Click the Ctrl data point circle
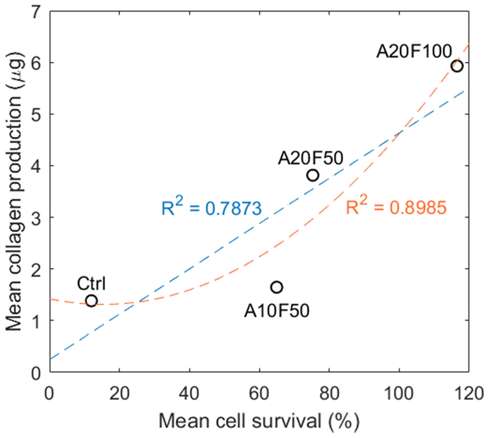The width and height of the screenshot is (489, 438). click(91, 301)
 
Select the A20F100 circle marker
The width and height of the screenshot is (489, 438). click(457, 66)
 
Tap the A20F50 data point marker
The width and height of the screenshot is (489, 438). click(313, 175)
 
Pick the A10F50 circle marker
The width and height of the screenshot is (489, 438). click(276, 287)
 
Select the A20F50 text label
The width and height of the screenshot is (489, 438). click(310, 157)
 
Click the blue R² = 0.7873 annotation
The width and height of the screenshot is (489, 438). click(211, 207)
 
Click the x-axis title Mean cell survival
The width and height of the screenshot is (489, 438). click(259, 423)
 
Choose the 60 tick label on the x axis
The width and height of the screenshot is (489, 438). click(259, 394)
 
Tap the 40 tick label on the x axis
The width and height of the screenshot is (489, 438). click(189, 394)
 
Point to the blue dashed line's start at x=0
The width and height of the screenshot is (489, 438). click(49, 359)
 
